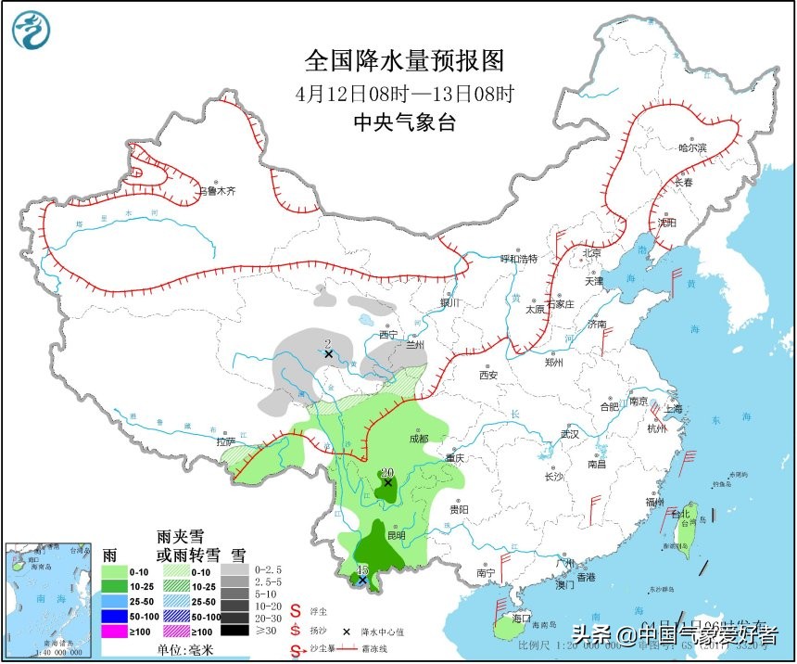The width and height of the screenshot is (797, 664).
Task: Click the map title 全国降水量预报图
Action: click(x=405, y=61)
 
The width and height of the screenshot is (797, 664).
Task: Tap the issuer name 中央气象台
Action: click(x=405, y=122)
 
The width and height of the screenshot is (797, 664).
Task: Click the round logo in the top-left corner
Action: click(x=30, y=30)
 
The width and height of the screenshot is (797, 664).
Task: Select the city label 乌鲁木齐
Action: click(x=218, y=191)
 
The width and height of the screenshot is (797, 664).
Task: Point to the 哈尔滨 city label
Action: click(x=691, y=147)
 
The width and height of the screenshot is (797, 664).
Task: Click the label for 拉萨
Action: click(x=226, y=442)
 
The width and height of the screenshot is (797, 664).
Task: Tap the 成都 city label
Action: click(x=418, y=439)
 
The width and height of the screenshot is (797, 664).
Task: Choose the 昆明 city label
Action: click(x=396, y=535)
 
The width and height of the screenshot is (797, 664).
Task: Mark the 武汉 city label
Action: click(x=569, y=434)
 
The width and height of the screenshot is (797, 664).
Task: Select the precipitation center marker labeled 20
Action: click(x=388, y=482)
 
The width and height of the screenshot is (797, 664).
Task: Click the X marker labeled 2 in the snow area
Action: click(x=328, y=353)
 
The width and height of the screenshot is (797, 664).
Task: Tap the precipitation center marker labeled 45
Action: click(x=362, y=581)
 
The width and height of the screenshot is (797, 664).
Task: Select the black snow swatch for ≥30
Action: click(x=234, y=631)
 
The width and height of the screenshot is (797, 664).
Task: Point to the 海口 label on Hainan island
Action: click(x=520, y=618)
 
